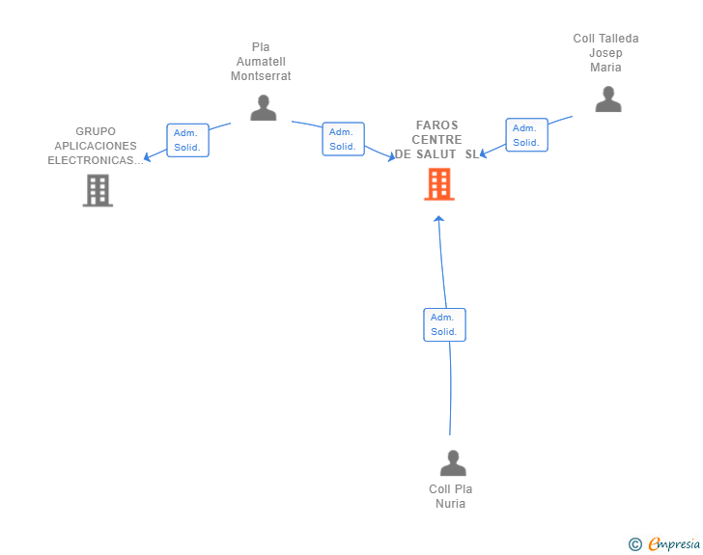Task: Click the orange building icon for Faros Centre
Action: [439, 183]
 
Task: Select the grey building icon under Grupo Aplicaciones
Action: [98, 190]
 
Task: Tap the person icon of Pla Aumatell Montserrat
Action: [264, 107]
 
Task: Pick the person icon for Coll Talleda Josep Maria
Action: [608, 99]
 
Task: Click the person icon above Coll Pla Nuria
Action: [453, 462]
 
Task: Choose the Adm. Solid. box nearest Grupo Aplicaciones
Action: [188, 140]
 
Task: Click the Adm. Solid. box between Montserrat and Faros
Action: [344, 139]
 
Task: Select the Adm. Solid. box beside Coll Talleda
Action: [527, 135]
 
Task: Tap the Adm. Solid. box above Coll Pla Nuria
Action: [445, 324]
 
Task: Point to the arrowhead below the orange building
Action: [439, 219]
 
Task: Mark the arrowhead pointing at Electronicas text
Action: [147, 157]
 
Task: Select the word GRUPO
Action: [96, 131]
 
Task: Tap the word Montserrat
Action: [261, 76]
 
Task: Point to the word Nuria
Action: [451, 504]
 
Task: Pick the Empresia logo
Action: [674, 543]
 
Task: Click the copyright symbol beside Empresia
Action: [635, 544]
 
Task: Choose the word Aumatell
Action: [261, 62]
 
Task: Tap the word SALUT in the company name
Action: [436, 154]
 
